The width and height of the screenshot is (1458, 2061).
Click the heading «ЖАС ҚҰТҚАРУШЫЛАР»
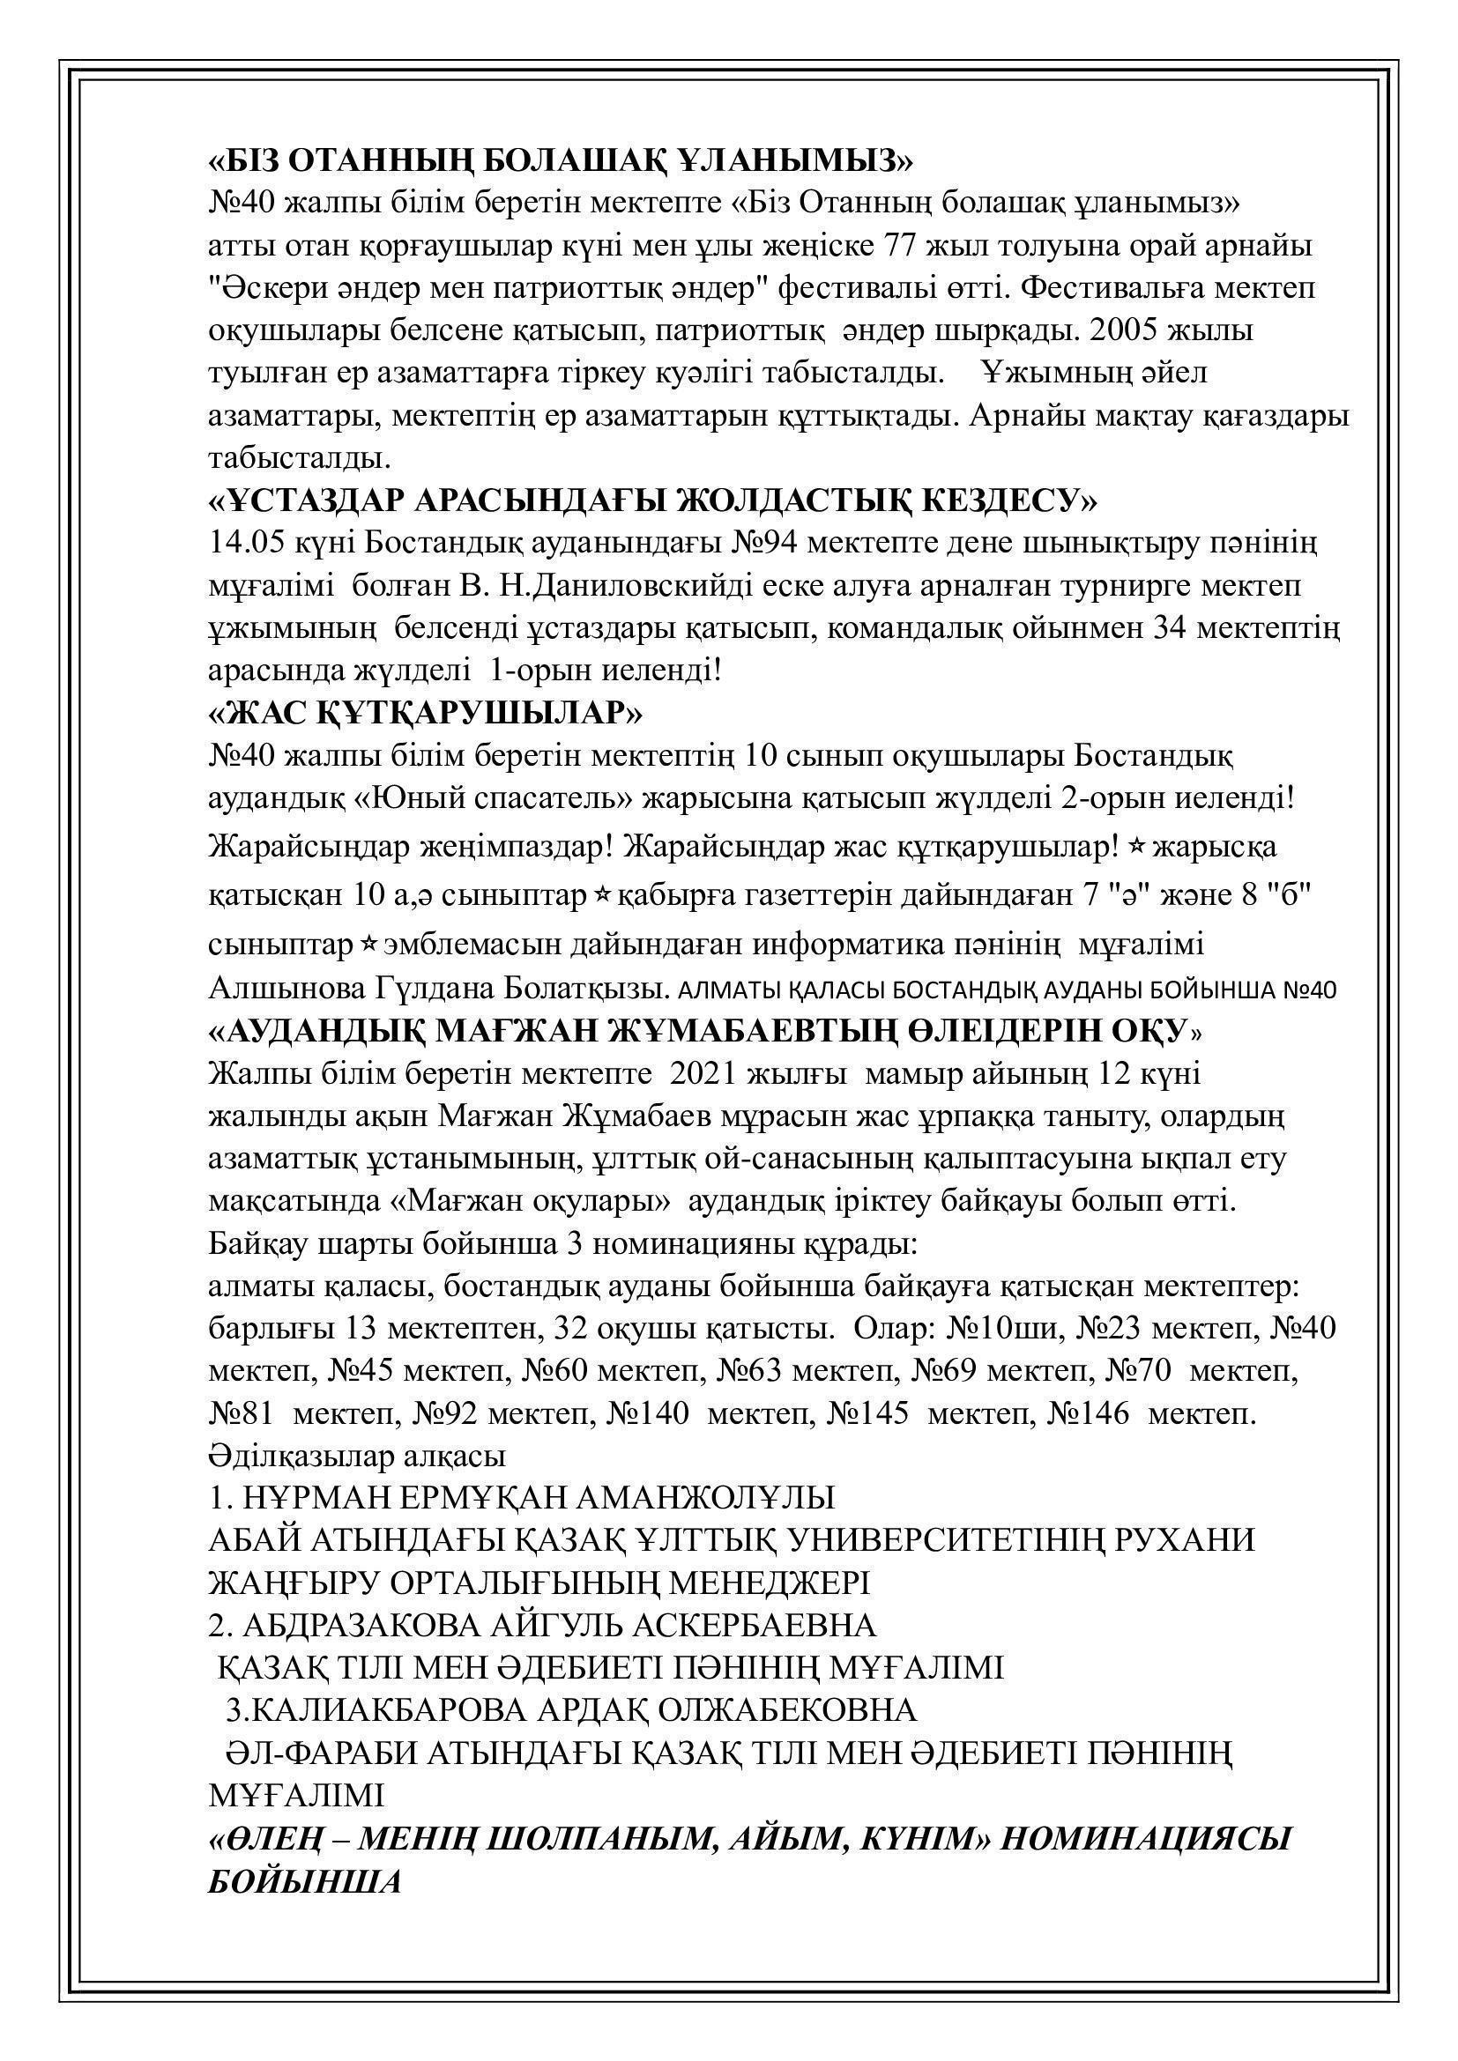(425, 714)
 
